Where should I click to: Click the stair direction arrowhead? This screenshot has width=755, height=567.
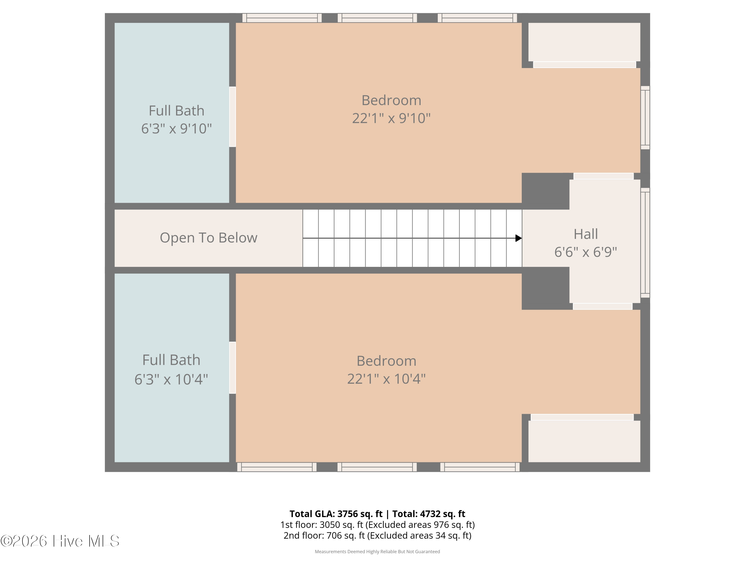click(x=518, y=238)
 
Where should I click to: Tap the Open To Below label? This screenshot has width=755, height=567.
click(x=209, y=238)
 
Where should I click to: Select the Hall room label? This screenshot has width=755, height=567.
click(x=586, y=234)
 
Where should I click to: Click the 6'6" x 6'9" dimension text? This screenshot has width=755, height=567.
click(x=586, y=252)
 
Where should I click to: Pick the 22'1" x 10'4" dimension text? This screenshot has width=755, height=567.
click(x=386, y=379)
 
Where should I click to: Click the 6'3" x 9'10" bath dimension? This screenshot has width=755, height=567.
click(x=176, y=129)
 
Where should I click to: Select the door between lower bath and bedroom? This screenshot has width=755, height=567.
click(x=233, y=368)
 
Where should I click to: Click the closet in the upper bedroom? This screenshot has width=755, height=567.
click(x=584, y=42)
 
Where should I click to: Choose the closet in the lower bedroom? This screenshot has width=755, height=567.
click(x=584, y=441)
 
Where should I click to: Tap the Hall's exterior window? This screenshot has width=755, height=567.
click(x=645, y=243)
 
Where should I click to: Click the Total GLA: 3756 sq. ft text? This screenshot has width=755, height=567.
click(x=336, y=514)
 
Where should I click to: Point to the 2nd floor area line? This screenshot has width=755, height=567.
click(x=377, y=535)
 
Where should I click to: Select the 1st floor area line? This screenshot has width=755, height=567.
click(x=377, y=525)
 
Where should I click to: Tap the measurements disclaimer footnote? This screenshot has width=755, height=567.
click(x=377, y=552)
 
